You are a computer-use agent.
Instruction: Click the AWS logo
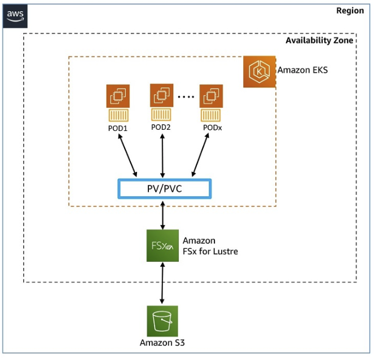[x=15, y=16]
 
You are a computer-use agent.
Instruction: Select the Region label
[x=350, y=11]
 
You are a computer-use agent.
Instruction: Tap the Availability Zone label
[x=319, y=40]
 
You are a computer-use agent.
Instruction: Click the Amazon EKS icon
[x=259, y=72]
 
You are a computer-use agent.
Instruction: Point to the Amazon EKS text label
[x=302, y=70]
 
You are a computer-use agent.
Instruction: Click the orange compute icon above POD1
[x=118, y=96]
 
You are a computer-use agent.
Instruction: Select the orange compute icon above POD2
[x=162, y=95]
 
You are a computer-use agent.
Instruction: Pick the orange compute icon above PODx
[x=212, y=96]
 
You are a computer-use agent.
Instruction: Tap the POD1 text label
[x=118, y=128]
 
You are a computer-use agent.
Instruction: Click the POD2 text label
[x=161, y=127]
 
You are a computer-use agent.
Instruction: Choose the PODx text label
[x=212, y=128]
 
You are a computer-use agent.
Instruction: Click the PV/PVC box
[x=165, y=188]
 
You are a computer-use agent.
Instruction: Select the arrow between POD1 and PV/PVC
[x=127, y=155]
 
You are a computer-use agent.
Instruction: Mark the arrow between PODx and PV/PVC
[x=201, y=155]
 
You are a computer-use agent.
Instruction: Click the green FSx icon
[x=162, y=245]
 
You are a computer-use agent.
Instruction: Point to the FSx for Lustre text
[x=210, y=252]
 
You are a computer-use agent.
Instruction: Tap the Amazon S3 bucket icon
[x=162, y=321]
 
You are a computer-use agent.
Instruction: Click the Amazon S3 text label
[x=162, y=343]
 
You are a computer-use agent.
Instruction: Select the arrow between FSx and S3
[x=162, y=283]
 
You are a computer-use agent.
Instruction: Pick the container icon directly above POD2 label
[x=161, y=115]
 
